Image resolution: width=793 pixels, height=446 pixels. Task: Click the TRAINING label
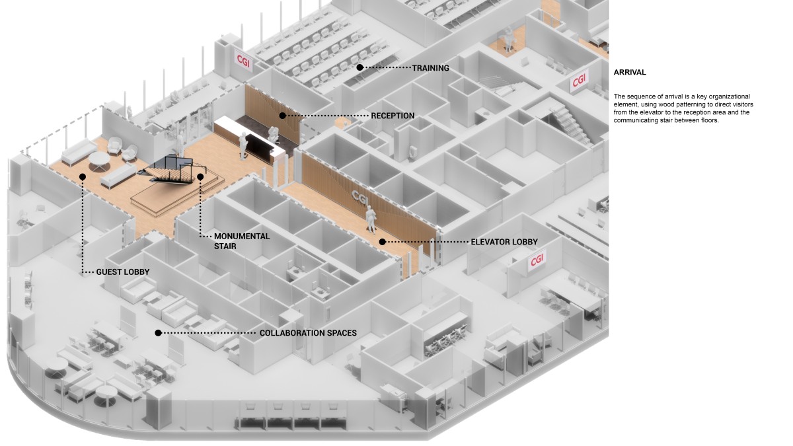[x=431, y=68]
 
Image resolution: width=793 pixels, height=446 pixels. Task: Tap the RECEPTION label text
[x=393, y=116]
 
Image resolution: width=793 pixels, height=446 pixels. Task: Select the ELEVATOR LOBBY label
[x=504, y=242]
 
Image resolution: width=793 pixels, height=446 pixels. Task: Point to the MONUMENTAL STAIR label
[x=232, y=241]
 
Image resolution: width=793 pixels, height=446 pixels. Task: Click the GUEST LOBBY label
[x=123, y=272]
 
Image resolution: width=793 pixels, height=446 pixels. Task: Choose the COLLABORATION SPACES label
[x=308, y=333]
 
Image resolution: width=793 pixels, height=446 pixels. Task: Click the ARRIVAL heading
[x=630, y=73]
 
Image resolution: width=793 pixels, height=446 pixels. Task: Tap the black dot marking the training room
[x=360, y=67]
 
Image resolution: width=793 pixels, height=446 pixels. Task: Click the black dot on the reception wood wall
[x=282, y=116]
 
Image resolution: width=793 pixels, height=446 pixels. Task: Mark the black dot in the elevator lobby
[x=383, y=242]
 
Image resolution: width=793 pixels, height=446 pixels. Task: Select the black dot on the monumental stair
[x=200, y=176]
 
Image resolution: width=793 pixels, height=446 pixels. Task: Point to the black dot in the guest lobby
[x=83, y=176]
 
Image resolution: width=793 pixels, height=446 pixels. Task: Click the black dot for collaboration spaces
[x=158, y=333]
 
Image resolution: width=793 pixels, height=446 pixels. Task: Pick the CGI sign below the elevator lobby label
[x=537, y=260]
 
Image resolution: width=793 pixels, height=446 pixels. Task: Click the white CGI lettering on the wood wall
[x=360, y=196]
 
